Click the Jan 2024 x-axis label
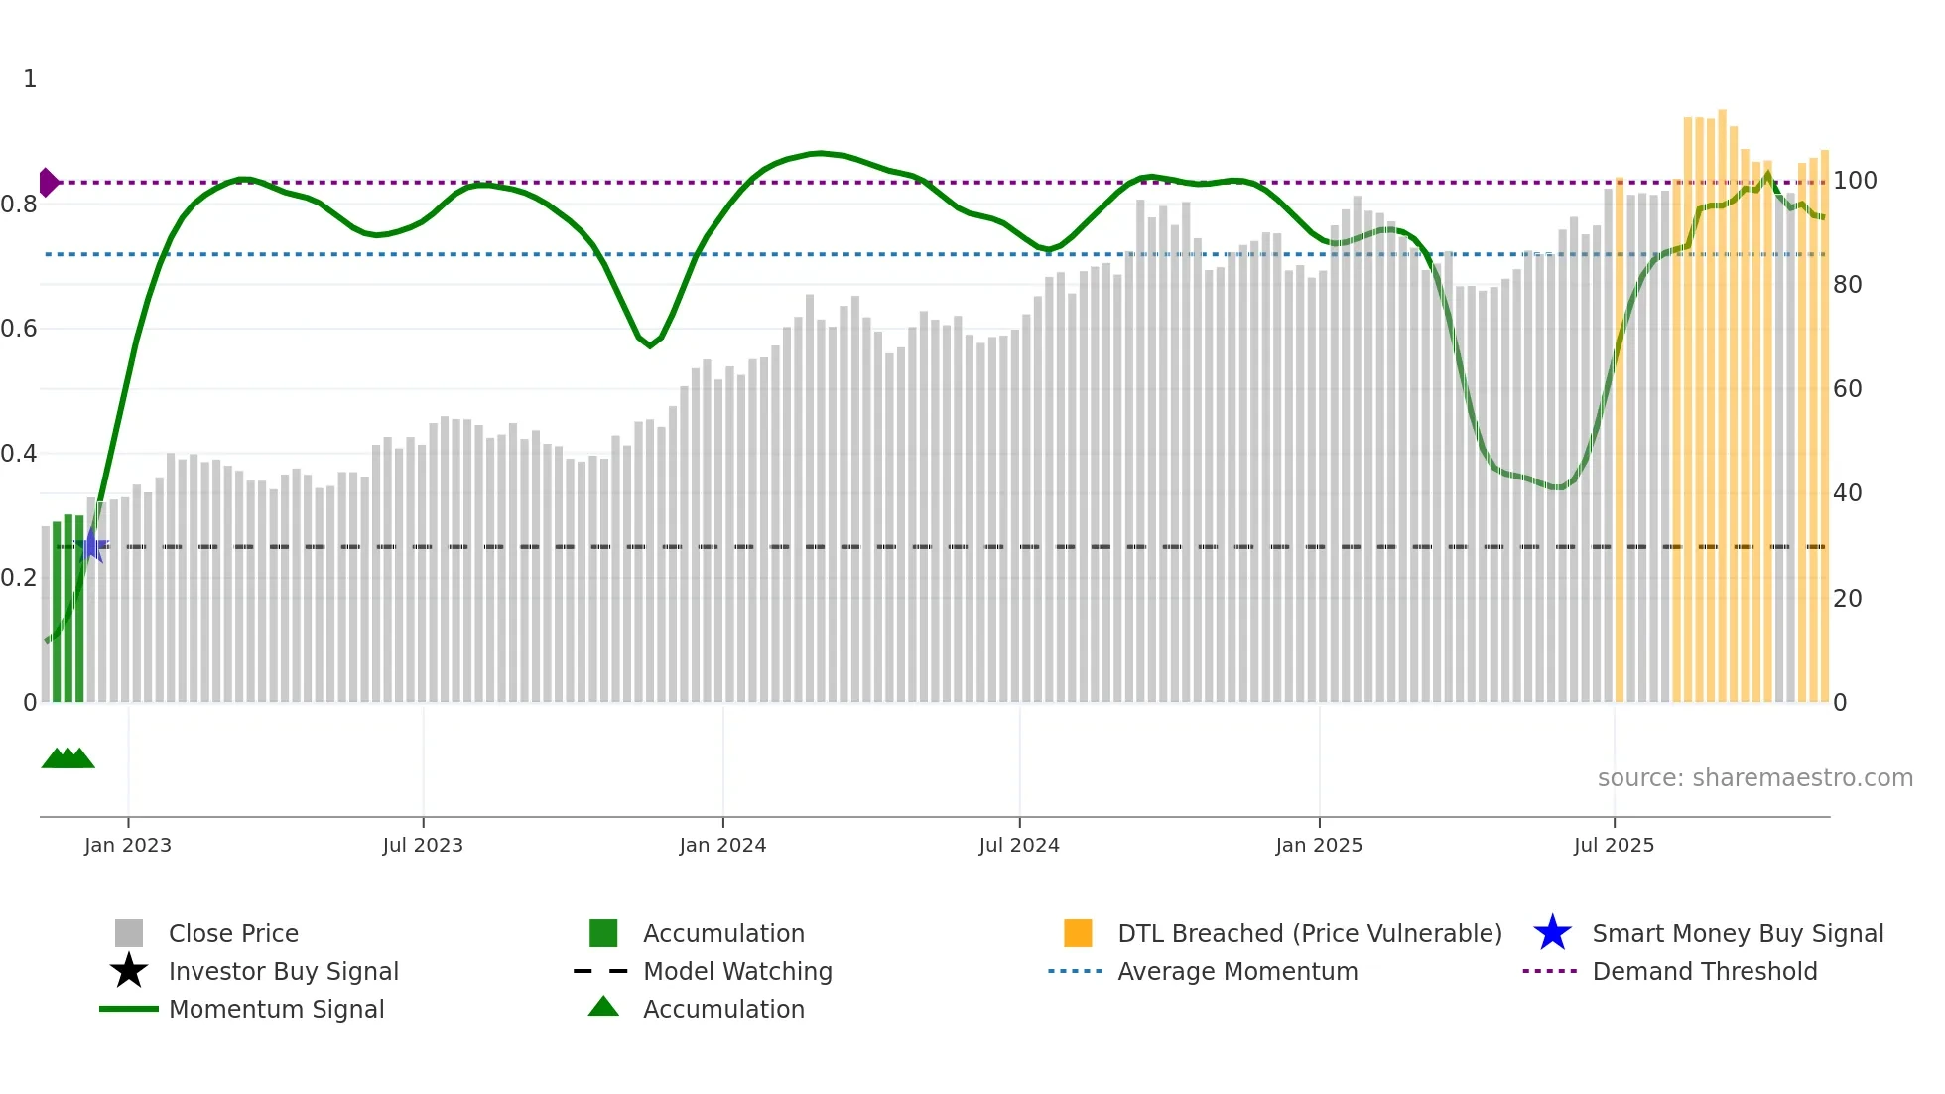pos(722,845)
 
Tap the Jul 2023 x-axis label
pos(423,845)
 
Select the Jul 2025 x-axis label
pos(1614,845)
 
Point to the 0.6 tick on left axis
pos(19,329)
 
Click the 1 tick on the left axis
pos(30,79)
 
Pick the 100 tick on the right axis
pos(1854,181)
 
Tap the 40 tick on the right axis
pos(1847,493)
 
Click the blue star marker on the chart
pos(92,545)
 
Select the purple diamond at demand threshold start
pos(48,183)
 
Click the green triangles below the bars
pos(67,758)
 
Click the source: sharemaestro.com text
pos(1754,778)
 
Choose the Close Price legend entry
pos(233,934)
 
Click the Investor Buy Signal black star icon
pos(129,971)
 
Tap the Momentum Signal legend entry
pos(276,1010)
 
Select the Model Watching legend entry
pos(737,972)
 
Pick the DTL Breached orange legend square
pos(1078,933)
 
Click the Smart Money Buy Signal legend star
pos(1552,933)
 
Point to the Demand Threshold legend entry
pos(1704,972)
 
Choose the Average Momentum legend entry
pos(1236,972)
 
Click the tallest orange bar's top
pos(1723,112)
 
